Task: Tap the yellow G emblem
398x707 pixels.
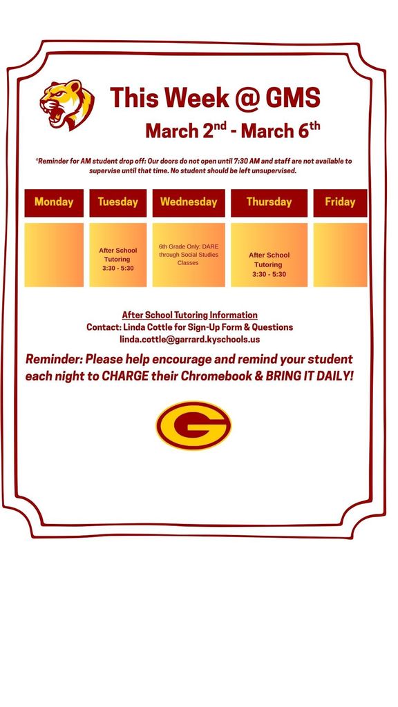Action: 193,426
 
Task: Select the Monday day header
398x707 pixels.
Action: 54,202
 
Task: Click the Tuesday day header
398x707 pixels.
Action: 117,202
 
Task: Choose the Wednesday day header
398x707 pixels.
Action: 189,202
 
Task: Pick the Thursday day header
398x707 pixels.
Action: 269,202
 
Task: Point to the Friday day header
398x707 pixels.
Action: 340,202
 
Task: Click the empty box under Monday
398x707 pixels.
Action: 54,255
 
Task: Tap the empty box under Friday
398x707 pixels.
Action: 340,255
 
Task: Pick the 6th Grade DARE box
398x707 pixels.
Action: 189,255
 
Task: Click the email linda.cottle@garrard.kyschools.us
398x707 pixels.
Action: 189,339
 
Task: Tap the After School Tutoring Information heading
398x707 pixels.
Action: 189,315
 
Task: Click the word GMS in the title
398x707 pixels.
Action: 292,98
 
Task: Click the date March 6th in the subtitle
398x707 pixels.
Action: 280,130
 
